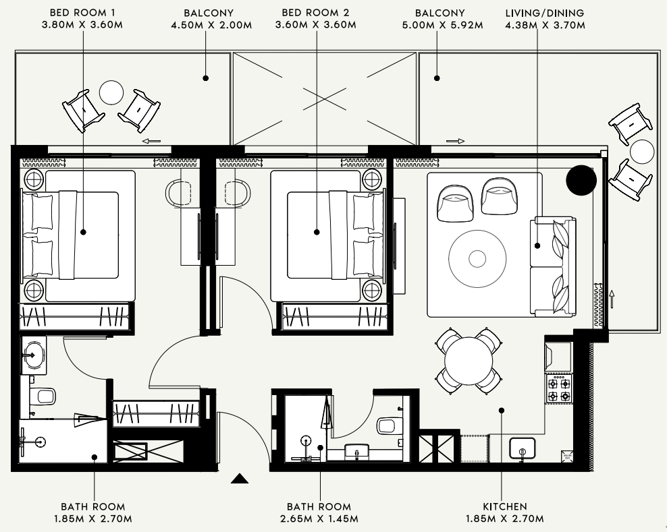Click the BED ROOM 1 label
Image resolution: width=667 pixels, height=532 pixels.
(82, 13)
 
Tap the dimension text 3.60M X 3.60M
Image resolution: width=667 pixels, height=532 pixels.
(316, 25)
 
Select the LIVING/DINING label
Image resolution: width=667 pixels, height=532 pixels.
(545, 13)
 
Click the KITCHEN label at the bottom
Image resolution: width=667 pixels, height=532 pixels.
(505, 506)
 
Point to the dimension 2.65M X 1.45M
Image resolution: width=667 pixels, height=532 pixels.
(319, 519)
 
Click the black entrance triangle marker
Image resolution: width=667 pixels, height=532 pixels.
(240, 479)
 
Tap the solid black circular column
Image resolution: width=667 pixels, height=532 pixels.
(581, 180)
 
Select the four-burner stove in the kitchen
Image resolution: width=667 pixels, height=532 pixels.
(559, 390)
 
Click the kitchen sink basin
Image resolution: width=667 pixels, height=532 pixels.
(522, 448)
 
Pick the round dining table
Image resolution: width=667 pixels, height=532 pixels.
(469, 361)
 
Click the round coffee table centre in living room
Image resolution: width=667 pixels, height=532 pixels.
(477, 258)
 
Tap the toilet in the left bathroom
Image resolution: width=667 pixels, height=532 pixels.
(43, 396)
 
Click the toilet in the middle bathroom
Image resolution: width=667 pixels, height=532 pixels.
(390, 425)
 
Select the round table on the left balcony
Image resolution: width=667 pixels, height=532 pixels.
(111, 92)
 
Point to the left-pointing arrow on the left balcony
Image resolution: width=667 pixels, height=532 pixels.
(151, 141)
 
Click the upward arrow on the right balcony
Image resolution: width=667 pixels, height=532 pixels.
(612, 299)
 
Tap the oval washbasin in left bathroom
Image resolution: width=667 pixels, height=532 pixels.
(33, 355)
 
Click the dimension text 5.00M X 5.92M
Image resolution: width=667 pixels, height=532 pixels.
(442, 25)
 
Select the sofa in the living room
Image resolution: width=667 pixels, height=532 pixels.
(553, 267)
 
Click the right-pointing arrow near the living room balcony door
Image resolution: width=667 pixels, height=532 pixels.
(455, 141)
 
